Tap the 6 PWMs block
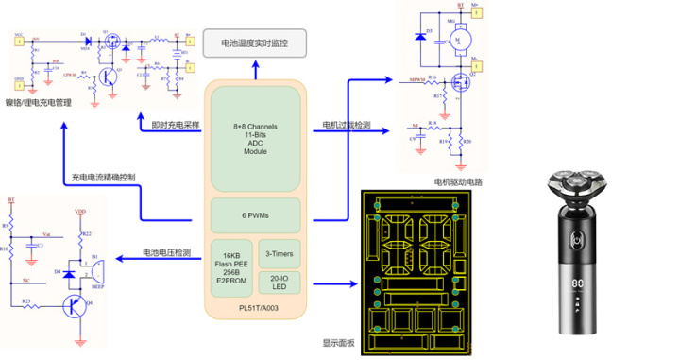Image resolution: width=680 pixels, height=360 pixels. click(256, 215)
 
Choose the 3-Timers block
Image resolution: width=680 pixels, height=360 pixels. click(277, 254)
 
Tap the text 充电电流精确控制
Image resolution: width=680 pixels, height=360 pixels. click(103, 178)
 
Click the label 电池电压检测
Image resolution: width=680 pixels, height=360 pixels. click(166, 252)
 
